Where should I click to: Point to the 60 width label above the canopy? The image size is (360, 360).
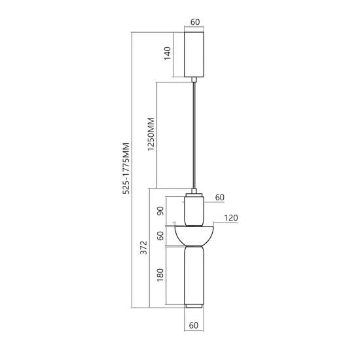[x=194, y=22]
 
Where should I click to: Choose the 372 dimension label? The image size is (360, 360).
[x=144, y=247]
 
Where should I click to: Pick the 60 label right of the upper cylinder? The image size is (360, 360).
[x=219, y=197]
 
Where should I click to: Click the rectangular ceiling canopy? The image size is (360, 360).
[x=194, y=54]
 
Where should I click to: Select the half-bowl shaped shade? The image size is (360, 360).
[x=194, y=234]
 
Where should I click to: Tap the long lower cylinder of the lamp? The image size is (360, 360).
[x=194, y=275]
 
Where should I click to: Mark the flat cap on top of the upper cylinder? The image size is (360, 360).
[x=194, y=196]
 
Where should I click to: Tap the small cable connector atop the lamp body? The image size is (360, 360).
[x=194, y=190]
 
